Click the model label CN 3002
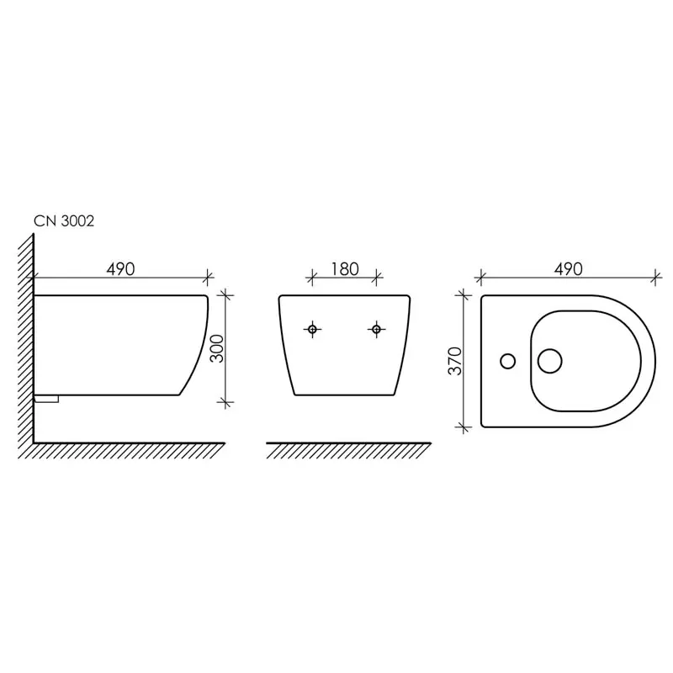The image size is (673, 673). pyautogui.click(x=64, y=221)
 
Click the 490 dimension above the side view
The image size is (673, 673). pyautogui.click(x=120, y=269)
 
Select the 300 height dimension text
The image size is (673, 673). pyautogui.click(x=218, y=348)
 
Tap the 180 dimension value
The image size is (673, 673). pyautogui.click(x=345, y=269)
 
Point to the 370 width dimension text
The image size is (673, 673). pyautogui.click(x=455, y=361)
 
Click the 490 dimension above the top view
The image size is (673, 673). pyautogui.click(x=569, y=269)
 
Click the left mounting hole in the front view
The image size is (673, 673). pyautogui.click(x=312, y=329)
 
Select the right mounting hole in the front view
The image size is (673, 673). pyautogui.click(x=376, y=329)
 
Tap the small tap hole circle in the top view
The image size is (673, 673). pyautogui.click(x=508, y=361)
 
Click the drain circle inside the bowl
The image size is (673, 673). pyautogui.click(x=550, y=361)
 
